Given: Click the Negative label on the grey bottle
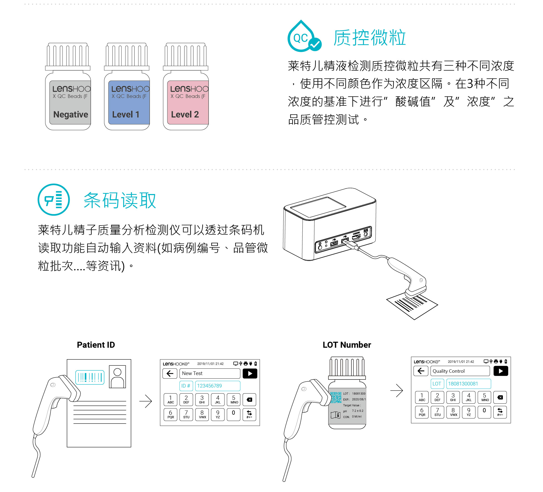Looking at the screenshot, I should tap(71, 114).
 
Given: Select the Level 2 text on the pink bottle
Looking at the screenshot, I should tap(185, 114).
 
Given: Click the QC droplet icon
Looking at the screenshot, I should tap(304, 37).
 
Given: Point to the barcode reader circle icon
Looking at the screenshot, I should tap(54, 200).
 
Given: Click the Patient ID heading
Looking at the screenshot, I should tap(96, 345).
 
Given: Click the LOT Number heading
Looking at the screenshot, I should tap(347, 345).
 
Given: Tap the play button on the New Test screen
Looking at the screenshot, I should tap(250, 373).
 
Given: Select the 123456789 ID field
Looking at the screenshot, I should tap(217, 386).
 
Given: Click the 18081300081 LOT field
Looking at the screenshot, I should tap(468, 384).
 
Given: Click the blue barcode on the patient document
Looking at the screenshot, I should tap(90, 377).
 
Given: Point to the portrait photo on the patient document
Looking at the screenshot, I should tap(117, 377).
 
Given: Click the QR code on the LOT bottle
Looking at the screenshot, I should tap(336, 397).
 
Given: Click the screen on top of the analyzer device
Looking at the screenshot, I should tap(318, 207).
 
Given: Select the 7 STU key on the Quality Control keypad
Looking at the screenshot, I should tap(437, 412).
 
